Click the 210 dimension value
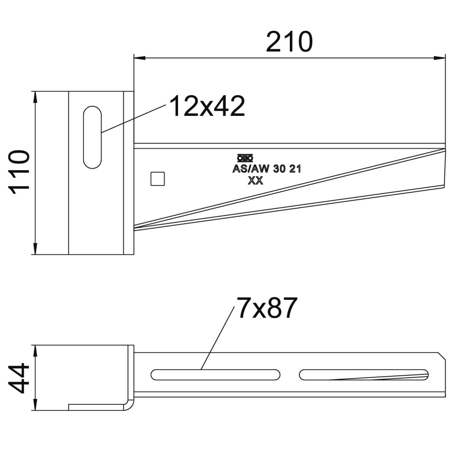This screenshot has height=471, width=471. (x=289, y=42)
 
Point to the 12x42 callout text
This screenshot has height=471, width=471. (x=207, y=106)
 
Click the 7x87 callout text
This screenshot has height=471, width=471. (x=267, y=308)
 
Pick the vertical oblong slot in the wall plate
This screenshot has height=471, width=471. (x=92, y=137)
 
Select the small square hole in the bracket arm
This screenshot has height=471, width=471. (x=158, y=179)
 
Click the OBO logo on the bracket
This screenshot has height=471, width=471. (x=245, y=158)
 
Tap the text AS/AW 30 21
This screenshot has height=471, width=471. (x=267, y=169)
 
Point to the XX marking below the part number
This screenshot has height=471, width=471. (x=255, y=180)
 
